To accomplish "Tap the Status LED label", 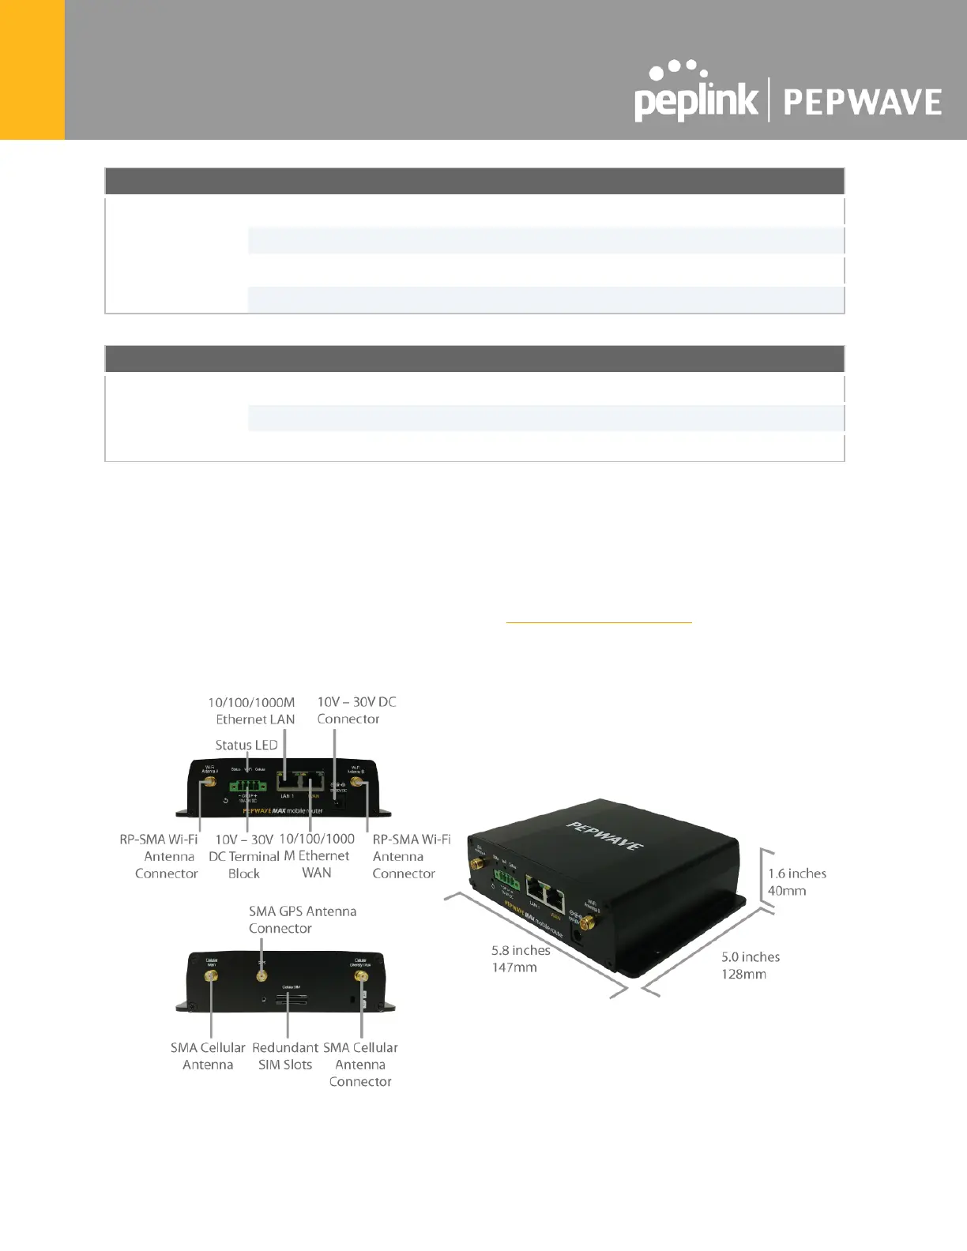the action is [x=246, y=745].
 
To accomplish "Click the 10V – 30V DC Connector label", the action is [x=356, y=710].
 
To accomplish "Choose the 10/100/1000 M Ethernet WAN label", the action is [x=317, y=856].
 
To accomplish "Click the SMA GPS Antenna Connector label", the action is [x=302, y=919].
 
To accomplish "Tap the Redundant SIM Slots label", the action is [x=285, y=1056].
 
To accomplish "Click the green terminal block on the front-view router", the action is [x=247, y=786].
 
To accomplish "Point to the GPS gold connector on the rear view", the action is [x=261, y=976].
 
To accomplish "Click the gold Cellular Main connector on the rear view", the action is [x=212, y=977].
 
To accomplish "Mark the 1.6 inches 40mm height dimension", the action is [x=796, y=882].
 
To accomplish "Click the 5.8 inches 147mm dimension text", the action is [x=520, y=959].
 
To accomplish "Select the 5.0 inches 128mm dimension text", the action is [x=749, y=965].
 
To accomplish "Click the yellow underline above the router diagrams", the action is [x=598, y=623].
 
